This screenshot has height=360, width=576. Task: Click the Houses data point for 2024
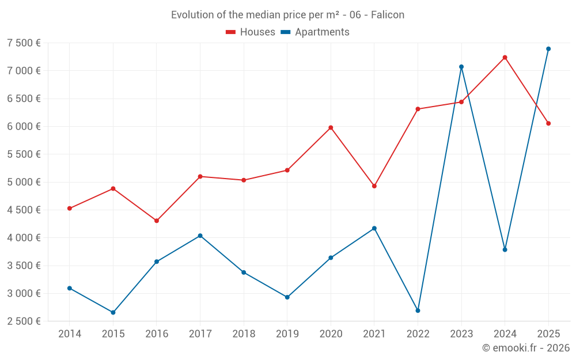coord(505,58)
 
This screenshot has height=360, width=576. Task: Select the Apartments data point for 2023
coord(461,67)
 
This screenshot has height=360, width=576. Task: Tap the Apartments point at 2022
coord(418,310)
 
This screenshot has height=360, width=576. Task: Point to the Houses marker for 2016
coord(157,221)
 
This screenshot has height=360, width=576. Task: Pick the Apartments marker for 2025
coord(548,49)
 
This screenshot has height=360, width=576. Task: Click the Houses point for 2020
coord(331,127)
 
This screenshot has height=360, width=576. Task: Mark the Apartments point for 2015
coord(113,312)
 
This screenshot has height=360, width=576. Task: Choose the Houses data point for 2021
coord(374,186)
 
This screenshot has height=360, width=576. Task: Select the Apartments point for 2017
coord(200,236)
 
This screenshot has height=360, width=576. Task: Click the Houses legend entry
coord(251,32)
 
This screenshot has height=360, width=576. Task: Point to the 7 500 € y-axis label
coord(24,43)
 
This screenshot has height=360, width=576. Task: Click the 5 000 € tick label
coord(24,182)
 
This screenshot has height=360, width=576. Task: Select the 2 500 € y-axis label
coord(24,321)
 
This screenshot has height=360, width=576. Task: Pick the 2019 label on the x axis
coord(287,334)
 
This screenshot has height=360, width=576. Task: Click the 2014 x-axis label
coord(70,334)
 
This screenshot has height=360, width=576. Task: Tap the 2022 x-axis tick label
coord(418,334)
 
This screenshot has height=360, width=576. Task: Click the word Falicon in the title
coord(387,15)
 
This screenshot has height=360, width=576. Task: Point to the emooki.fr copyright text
coord(526,348)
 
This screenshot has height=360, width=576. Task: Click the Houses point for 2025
coord(548,123)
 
